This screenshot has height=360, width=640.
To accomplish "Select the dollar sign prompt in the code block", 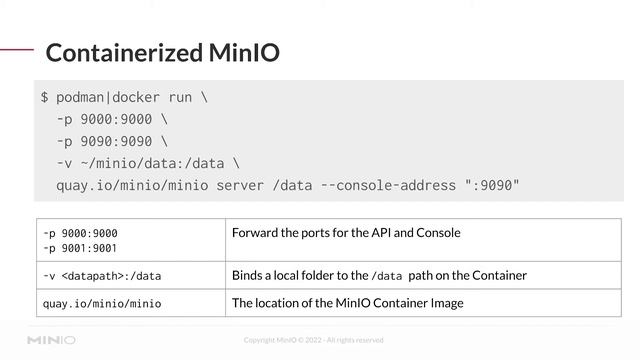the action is tap(45, 98).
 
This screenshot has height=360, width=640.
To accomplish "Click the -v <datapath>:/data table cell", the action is tap(101, 275).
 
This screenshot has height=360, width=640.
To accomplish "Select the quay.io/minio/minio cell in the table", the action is tap(101, 303).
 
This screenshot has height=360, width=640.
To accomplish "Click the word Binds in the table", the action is tap(248, 275).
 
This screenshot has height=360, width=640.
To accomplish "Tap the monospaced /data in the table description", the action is tap(386, 276).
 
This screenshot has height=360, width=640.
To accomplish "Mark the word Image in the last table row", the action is tap(445, 303).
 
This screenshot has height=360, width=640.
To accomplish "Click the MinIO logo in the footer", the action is tap(51, 340).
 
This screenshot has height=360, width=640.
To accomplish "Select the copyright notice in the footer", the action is tap(313, 341).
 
